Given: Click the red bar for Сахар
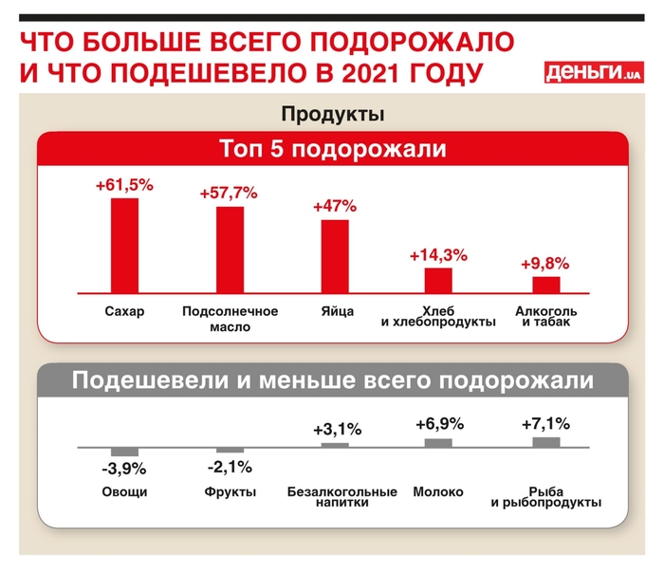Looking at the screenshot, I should [x=125, y=246].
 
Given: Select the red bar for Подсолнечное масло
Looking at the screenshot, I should [x=230, y=250].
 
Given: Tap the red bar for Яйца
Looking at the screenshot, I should [x=334, y=257].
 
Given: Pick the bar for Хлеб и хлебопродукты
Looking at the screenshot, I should [x=438, y=281].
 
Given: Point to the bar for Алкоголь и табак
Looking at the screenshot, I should [x=545, y=285].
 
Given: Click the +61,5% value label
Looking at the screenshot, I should [x=124, y=186].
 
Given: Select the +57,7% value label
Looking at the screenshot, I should [x=229, y=194].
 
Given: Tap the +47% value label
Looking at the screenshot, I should [x=334, y=206].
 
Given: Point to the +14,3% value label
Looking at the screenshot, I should [x=438, y=255].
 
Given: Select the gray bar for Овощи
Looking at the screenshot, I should [x=125, y=451].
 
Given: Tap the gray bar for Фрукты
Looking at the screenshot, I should [x=230, y=450].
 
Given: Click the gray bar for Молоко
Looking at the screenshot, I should [x=438, y=442].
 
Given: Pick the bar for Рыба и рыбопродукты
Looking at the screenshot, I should [x=545, y=442].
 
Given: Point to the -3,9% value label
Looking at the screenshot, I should [x=124, y=469].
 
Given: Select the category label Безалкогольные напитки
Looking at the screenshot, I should [x=341, y=497].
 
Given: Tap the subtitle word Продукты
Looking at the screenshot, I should [x=332, y=115].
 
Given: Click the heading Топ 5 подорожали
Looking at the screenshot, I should [x=332, y=150].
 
